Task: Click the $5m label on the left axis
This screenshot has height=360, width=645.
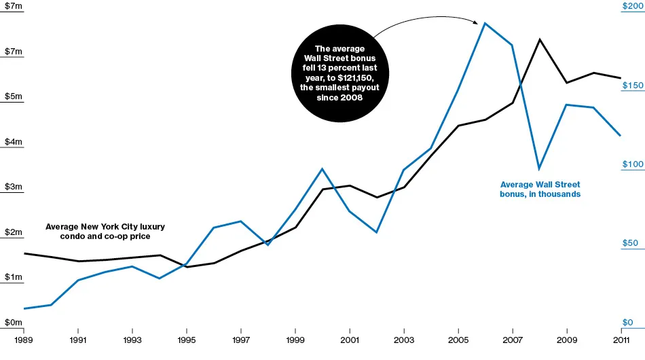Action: point(14,96)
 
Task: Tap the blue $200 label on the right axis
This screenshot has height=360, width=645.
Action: point(631,6)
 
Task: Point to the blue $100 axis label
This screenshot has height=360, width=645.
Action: point(631,164)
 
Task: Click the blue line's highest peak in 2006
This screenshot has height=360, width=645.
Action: point(485,23)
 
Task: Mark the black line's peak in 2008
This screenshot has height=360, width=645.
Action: point(539,39)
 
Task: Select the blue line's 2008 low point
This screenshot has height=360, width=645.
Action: point(539,168)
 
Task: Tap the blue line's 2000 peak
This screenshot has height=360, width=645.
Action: point(322,168)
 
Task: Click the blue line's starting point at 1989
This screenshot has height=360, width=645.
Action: point(24,308)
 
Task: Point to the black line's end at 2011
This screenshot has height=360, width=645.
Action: point(621,78)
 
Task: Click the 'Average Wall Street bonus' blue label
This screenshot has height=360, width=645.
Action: point(540,189)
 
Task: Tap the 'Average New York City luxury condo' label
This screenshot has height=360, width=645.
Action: point(105,231)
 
